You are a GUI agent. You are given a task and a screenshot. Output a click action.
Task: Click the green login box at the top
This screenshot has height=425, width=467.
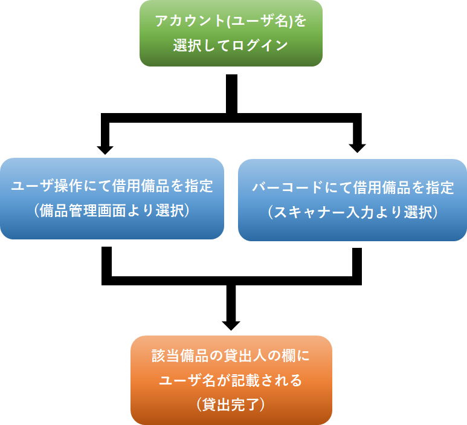(231, 33)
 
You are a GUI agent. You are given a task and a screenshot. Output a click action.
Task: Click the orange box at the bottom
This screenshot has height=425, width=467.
(231, 380)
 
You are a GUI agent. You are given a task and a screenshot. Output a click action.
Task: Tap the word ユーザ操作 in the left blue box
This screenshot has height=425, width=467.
(42, 186)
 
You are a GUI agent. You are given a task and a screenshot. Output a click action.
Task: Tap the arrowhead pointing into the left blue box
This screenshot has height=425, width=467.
(105, 148)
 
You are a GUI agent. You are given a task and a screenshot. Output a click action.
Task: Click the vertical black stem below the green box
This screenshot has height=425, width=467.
(231, 94)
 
